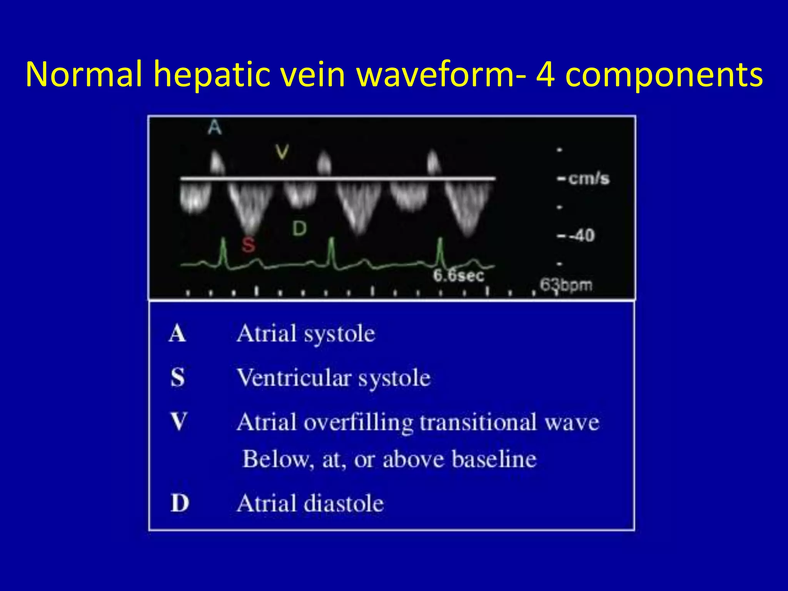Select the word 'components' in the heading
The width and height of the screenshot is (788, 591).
pos(664,75)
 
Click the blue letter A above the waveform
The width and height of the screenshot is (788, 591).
pos(215,127)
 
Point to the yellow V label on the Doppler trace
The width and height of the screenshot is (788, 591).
pos(282,152)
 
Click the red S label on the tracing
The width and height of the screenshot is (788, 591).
pos(249,244)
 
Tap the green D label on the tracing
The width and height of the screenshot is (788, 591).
pos(299,229)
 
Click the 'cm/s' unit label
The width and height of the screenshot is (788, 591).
pos(589,179)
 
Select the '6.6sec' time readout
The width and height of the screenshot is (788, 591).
pos(458,275)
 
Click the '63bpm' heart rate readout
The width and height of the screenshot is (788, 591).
pos(566,285)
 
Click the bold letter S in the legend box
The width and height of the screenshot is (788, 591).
pos(178,377)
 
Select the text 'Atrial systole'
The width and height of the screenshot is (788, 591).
pos(306,334)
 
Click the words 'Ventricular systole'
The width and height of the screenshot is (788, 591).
pos(334,378)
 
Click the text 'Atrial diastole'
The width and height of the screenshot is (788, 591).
pos(310,503)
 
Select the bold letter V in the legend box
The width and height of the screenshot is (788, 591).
pos(179,422)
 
